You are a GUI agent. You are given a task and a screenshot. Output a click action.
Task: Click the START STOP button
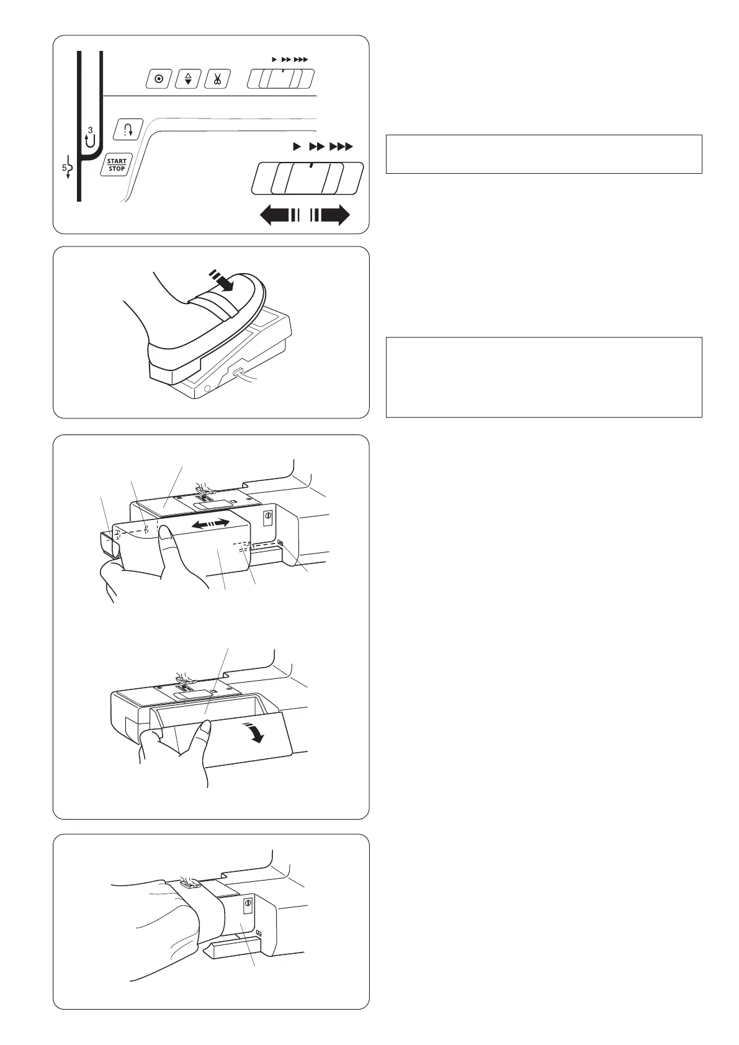pyautogui.click(x=117, y=164)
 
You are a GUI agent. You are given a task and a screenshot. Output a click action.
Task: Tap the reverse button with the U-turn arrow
pyautogui.click(x=128, y=130)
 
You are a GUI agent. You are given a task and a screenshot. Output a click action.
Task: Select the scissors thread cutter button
pyautogui.click(x=217, y=79)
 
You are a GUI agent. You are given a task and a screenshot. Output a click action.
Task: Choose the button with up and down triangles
pyautogui.click(x=188, y=79)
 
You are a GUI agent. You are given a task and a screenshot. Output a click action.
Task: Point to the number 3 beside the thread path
pyautogui.click(x=91, y=130)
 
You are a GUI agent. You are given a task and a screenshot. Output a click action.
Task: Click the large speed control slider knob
pyautogui.click(x=307, y=178)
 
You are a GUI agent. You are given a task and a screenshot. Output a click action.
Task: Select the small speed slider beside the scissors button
pyautogui.click(x=280, y=79)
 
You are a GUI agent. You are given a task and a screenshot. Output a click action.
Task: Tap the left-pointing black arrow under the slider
pyautogui.click(x=280, y=215)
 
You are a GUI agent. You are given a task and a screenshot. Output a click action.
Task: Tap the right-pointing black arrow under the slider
pyautogui.click(x=330, y=215)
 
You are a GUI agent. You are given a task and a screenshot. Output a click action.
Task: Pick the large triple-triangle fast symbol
pyautogui.click(x=341, y=147)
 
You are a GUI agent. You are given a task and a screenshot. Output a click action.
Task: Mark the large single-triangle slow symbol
pyautogui.click(x=297, y=147)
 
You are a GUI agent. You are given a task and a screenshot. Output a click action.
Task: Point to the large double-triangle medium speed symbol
pyautogui.click(x=317, y=147)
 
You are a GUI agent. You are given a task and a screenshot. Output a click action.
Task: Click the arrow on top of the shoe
pyautogui.click(x=222, y=280)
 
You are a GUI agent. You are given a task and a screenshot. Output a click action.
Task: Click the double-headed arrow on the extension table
pyautogui.click(x=211, y=524)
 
